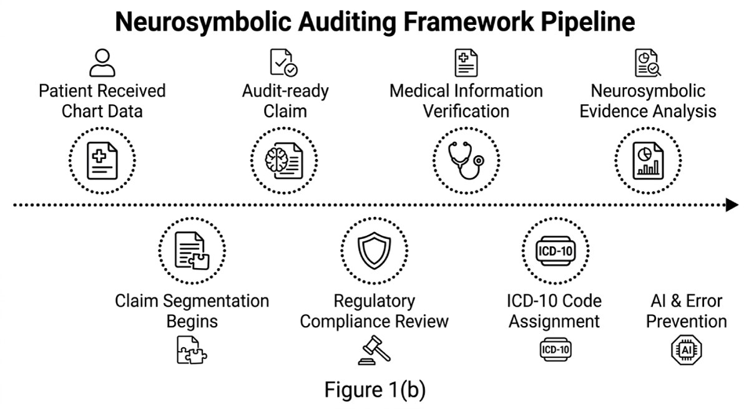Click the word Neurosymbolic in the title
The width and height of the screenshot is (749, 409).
click(203, 22)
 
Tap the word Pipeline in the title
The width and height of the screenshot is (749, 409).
click(588, 22)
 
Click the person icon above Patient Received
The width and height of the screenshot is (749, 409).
click(102, 63)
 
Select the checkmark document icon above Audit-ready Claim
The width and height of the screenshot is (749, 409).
click(284, 63)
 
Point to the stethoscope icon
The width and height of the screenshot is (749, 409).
click(466, 160)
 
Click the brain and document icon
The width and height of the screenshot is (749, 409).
click(284, 161)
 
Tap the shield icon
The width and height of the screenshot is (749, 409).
click(374, 251)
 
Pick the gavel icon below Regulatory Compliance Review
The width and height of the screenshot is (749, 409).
click(374, 350)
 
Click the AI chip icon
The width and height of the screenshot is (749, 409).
click(687, 350)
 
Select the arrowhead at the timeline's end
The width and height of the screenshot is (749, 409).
click(732, 205)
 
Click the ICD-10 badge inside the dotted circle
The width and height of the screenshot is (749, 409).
click(556, 251)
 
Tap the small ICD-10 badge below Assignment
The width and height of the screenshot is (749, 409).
click(556, 350)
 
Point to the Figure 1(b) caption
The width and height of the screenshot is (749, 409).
click(375, 390)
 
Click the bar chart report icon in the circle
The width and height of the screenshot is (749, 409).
click(648, 161)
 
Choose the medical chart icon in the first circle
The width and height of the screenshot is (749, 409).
click(102, 161)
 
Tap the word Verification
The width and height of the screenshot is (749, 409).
click(466, 111)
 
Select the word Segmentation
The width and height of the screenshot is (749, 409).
click(216, 301)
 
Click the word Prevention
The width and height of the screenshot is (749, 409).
click(687, 322)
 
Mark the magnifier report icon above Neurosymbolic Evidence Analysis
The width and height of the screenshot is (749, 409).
click(648, 63)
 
